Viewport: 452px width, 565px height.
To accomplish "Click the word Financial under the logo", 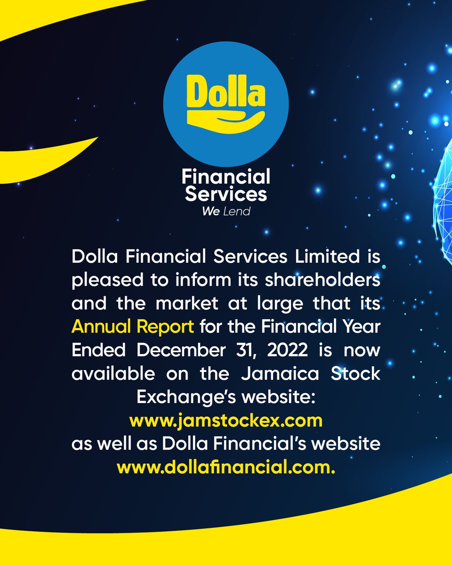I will point(226,178).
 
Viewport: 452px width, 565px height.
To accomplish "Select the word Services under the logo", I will point(226,194).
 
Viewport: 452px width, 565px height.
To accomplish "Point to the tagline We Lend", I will point(226,212).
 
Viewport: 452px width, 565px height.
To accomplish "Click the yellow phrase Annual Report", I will point(132,326).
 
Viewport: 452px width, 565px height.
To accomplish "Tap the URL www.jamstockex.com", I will point(226,420).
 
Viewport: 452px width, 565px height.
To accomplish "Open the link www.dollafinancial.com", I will point(226,468).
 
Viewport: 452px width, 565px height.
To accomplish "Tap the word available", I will point(113,373).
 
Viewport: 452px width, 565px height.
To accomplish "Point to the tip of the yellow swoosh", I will point(97,137).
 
